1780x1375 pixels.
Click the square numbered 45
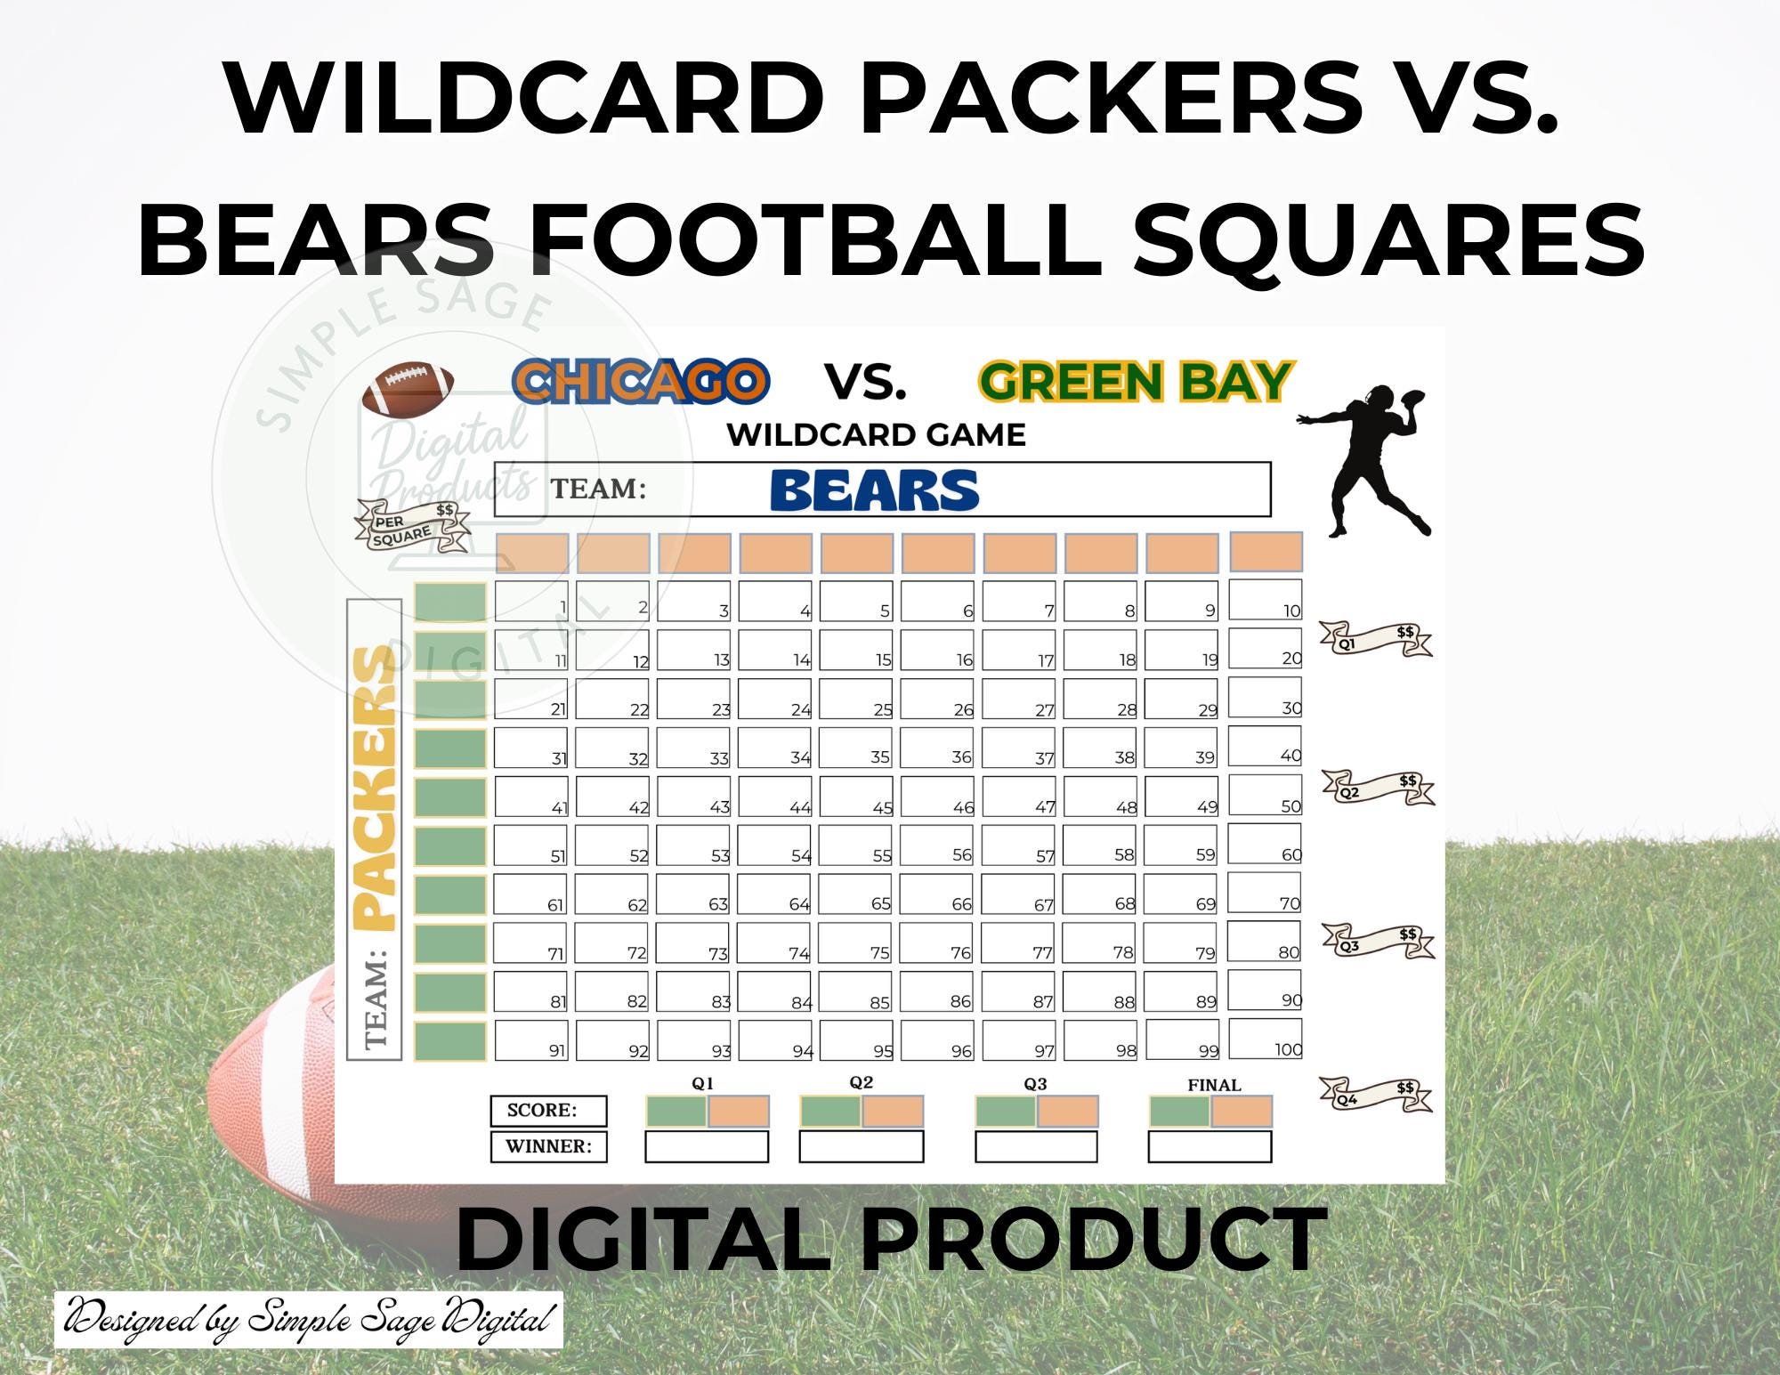click(855, 797)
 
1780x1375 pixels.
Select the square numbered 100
click(1265, 1039)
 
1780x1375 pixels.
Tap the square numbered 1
click(531, 601)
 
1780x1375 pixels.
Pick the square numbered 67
click(1019, 894)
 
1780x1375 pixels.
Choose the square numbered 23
click(694, 699)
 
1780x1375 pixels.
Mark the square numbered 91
click(531, 1040)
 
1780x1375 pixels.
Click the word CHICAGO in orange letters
click(641, 382)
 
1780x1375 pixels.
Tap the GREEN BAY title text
click(1136, 382)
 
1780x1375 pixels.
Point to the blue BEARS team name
click(875, 490)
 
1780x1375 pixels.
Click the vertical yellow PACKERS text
click(374, 789)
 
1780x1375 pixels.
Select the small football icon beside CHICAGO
click(409, 389)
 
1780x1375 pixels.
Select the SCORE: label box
click(549, 1111)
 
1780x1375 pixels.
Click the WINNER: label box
click(549, 1146)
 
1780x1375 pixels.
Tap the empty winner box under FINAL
click(1210, 1146)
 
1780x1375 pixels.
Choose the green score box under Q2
click(830, 1112)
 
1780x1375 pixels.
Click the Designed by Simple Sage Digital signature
click(309, 1320)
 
